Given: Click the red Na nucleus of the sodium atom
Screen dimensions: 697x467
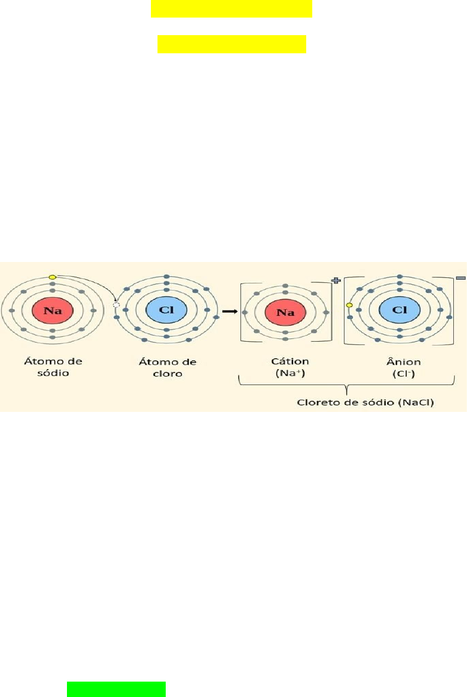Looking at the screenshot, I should click(x=53, y=310).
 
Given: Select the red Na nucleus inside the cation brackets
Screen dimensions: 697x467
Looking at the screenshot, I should click(x=285, y=312).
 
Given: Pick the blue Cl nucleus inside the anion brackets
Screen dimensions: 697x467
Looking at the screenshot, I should click(x=400, y=310).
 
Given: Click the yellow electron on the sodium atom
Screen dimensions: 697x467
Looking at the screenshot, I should click(x=53, y=277).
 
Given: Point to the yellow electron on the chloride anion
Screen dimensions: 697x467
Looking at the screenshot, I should click(x=349, y=305).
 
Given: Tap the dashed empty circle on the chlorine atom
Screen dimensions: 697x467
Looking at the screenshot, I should click(x=116, y=304).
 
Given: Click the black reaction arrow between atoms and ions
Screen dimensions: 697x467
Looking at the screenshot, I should click(x=229, y=311).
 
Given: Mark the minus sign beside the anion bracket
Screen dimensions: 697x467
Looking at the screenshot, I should click(x=460, y=278).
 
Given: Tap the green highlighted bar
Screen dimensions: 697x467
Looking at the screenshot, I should click(x=116, y=689).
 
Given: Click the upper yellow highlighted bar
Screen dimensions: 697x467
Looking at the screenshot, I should click(x=232, y=9).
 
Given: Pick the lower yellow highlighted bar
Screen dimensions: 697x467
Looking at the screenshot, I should click(x=232, y=44).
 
